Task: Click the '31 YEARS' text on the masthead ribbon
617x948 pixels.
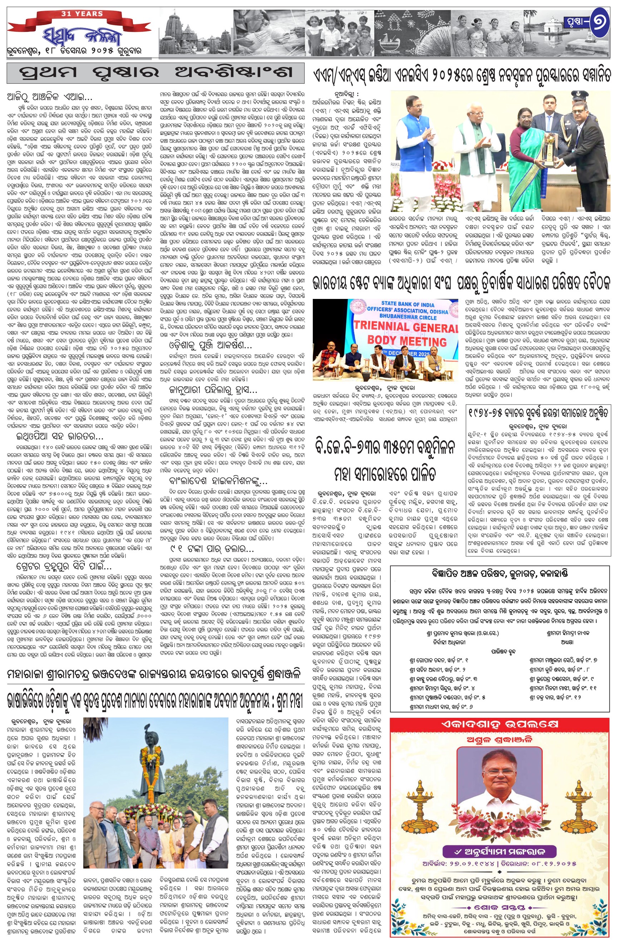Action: point(82,14)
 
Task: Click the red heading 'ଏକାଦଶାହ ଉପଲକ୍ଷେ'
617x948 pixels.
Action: point(499,725)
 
